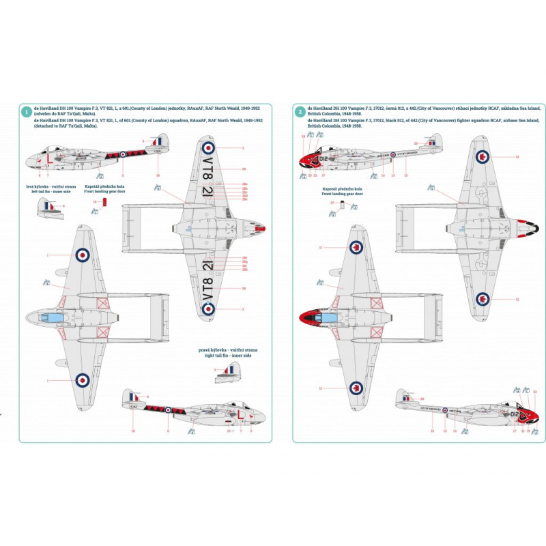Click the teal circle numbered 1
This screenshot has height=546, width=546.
(x=26, y=112)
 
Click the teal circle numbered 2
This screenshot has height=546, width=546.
(x=300, y=112)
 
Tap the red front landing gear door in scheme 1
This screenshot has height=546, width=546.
(x=104, y=204)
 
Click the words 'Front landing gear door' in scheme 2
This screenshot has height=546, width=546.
(x=343, y=194)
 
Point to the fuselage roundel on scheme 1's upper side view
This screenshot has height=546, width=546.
(x=122, y=154)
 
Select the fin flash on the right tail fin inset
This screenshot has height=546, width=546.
(x=233, y=369)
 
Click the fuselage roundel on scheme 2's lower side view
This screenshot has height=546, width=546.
(x=444, y=410)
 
